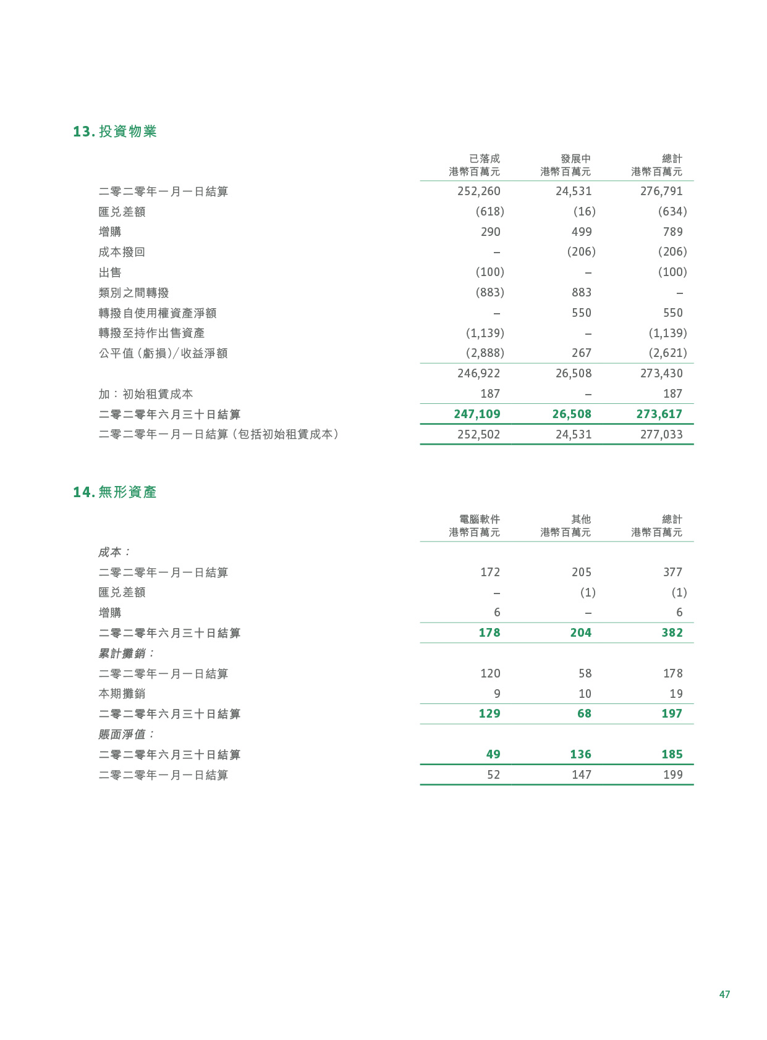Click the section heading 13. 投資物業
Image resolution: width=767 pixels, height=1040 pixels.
115,132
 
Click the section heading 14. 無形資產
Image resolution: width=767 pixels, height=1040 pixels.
115,492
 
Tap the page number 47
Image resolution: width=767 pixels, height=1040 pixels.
724,994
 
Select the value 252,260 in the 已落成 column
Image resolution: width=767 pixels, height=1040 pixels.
478,191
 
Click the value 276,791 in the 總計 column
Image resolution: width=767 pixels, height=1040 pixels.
661,191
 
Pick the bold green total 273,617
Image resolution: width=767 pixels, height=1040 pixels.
659,414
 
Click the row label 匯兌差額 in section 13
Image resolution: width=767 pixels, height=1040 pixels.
122,212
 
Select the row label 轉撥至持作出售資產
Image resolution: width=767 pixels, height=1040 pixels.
151,333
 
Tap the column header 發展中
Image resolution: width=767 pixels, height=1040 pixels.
575,159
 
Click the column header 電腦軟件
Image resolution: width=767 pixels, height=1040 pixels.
480,519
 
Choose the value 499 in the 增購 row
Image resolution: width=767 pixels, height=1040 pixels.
582,232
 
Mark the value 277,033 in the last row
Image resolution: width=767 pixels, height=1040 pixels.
661,435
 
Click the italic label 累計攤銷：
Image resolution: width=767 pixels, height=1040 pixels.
127,653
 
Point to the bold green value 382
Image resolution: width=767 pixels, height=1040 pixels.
672,633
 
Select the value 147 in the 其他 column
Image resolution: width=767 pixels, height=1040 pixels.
582,775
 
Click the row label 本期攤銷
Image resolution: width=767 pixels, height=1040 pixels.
122,694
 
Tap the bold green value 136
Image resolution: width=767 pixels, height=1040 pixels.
580,755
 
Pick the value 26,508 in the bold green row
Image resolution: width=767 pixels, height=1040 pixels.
572,414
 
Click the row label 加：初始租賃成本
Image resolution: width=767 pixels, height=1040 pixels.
146,394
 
